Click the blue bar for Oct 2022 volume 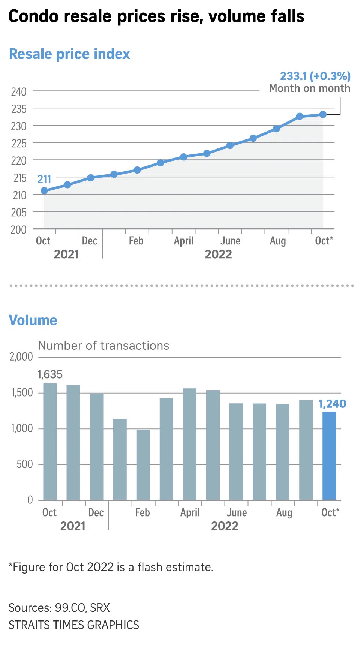pos(329,456)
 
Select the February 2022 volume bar pos(143,465)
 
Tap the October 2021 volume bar pos(50,442)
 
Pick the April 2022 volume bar pos(190,444)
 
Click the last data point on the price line pos(323,114)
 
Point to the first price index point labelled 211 pos(44,191)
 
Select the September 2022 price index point pos(300,117)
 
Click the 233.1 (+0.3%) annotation pos(315,76)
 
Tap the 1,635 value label pos(50,374)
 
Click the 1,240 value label pos(332,404)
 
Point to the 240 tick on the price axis pos(19,91)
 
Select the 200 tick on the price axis pos(19,229)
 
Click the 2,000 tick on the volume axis pos(21,357)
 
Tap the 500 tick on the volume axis pos(25,464)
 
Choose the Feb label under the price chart pos(136,241)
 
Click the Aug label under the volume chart pos(284,512)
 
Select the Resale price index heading pos(69,54)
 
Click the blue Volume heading pos(33,320)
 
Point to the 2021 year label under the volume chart pos(73,526)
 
